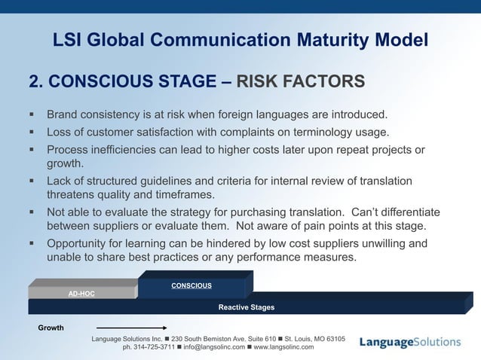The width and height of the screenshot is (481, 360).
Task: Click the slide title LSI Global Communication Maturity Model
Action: (240, 39)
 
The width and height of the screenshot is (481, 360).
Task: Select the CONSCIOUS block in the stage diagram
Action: (191, 285)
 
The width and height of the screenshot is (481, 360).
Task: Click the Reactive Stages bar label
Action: (247, 307)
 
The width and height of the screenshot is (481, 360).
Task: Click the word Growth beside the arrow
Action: (51, 328)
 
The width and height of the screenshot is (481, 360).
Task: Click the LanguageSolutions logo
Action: (409, 342)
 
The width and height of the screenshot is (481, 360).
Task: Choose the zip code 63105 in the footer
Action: (332, 339)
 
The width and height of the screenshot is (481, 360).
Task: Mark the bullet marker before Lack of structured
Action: (32, 182)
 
